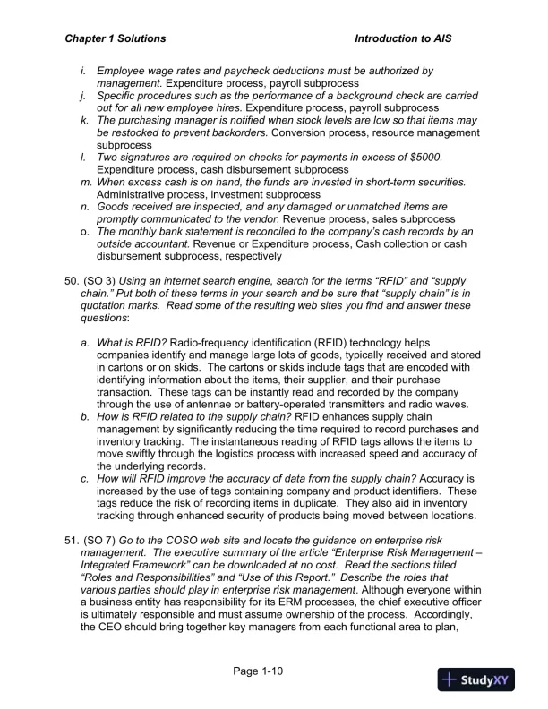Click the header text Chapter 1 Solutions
pos(116,39)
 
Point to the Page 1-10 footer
pos(259,671)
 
